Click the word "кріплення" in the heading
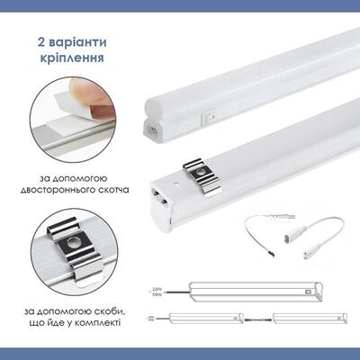coord(76,58)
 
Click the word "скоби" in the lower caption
coord(108,310)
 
